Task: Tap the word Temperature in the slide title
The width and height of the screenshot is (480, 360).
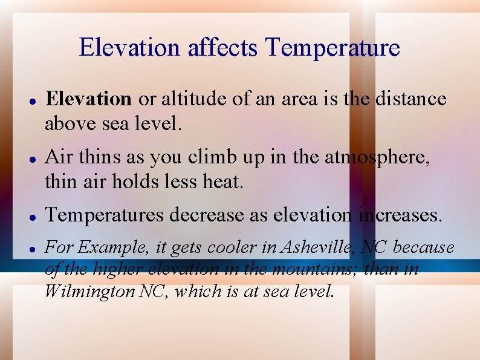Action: (332, 48)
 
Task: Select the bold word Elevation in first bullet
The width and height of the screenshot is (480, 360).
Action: (89, 99)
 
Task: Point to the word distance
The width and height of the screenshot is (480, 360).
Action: (411, 99)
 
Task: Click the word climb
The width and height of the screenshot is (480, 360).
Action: (209, 157)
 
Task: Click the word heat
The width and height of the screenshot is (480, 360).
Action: (224, 181)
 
